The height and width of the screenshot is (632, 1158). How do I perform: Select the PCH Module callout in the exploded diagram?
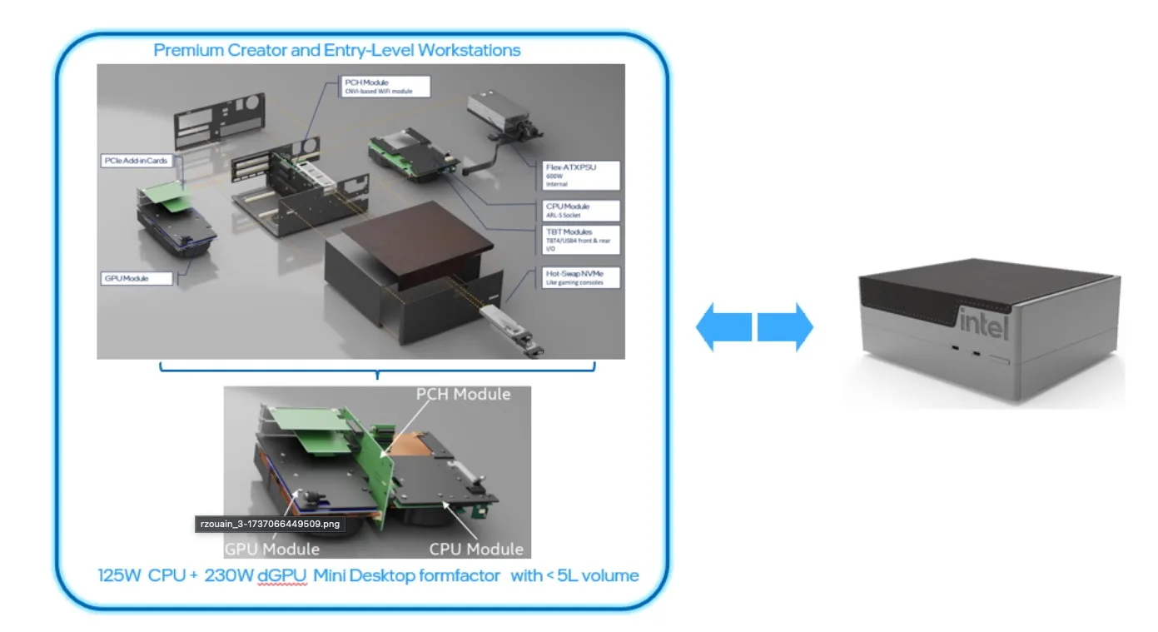pyautogui.click(x=386, y=86)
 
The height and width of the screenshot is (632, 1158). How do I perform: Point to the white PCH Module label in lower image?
pyautogui.click(x=463, y=394)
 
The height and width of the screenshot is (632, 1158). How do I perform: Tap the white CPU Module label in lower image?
pyautogui.click(x=476, y=549)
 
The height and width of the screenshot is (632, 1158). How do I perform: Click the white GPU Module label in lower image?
pyautogui.click(x=272, y=549)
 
